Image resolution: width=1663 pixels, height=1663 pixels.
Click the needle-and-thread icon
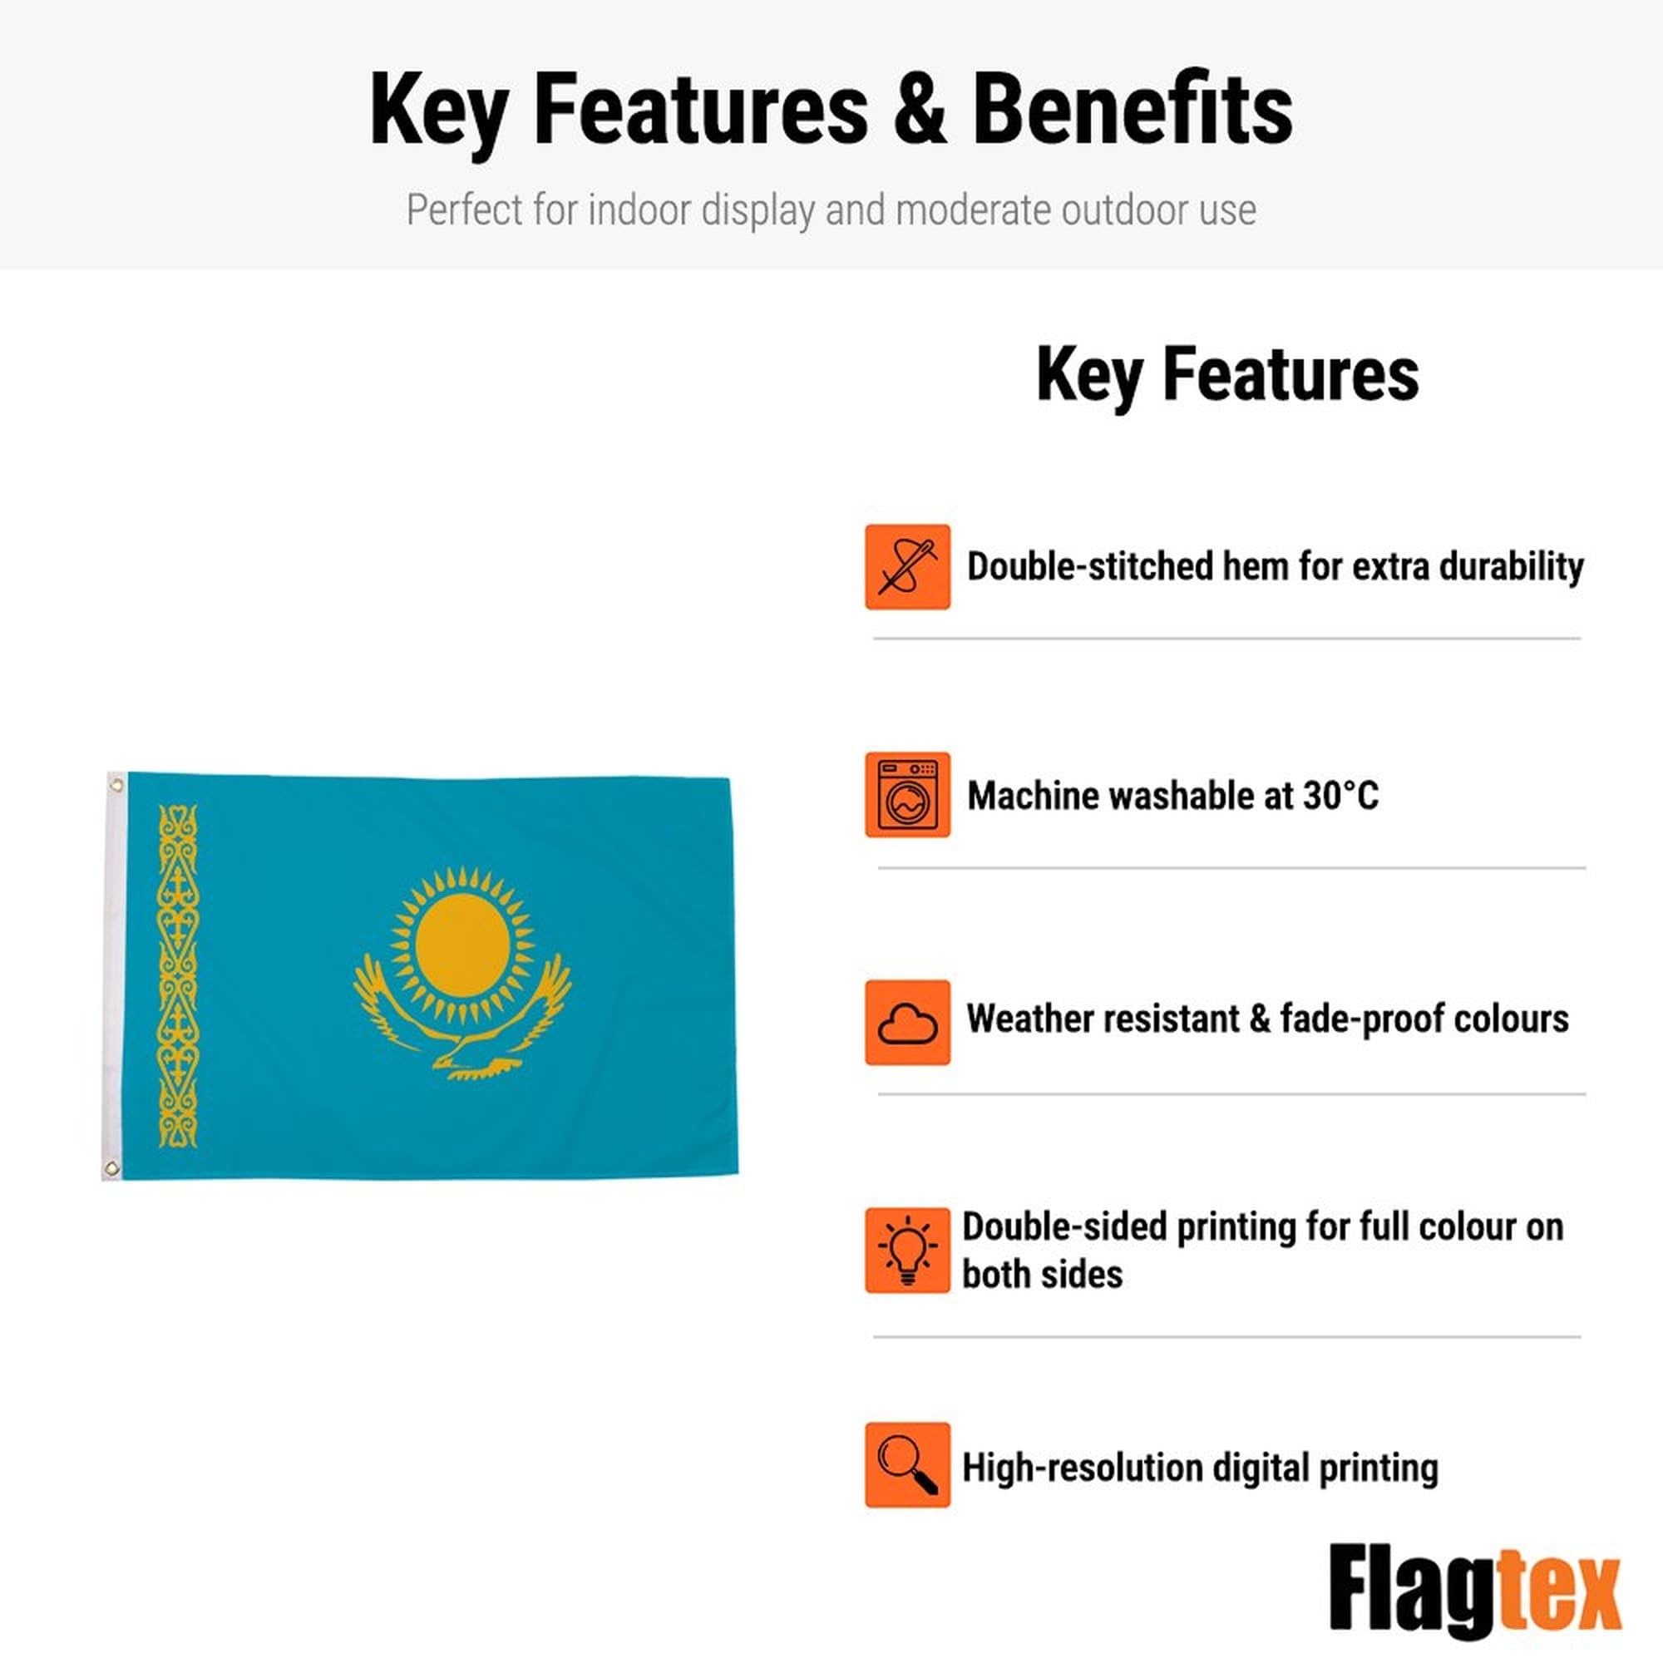point(907,566)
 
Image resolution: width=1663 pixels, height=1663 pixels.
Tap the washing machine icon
point(907,794)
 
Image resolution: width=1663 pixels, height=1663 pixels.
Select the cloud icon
point(907,1023)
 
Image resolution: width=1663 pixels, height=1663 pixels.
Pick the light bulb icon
point(907,1250)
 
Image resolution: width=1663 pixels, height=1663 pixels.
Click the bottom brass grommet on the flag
point(111,1168)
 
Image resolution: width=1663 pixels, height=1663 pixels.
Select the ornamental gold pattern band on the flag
point(178,976)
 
